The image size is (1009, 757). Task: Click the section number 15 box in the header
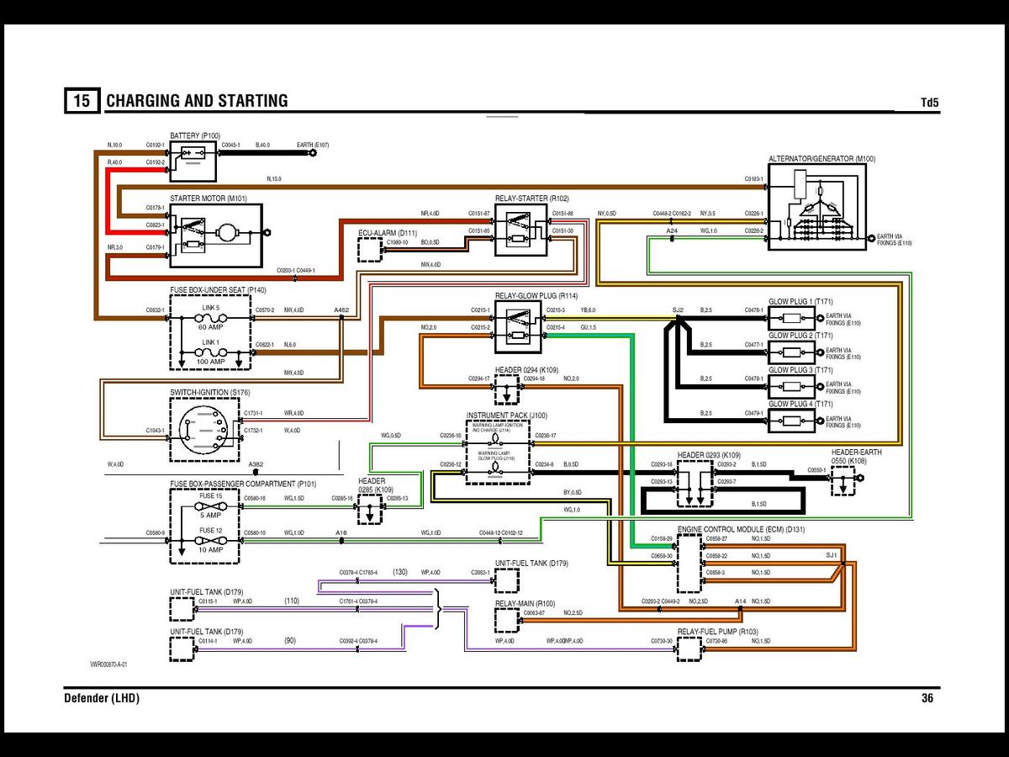pyautogui.click(x=82, y=101)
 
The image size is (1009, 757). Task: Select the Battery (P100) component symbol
pyautogui.click(x=193, y=161)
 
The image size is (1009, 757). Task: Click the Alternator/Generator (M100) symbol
pyautogui.click(x=816, y=206)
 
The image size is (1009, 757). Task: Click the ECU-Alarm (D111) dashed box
pyautogui.click(x=370, y=251)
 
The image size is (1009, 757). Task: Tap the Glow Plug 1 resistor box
pyautogui.click(x=790, y=319)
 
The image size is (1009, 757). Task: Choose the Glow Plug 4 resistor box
pyautogui.click(x=790, y=421)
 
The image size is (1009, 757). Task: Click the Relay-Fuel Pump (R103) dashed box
pyautogui.click(x=689, y=648)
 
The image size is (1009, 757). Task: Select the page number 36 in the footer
pyautogui.click(x=927, y=698)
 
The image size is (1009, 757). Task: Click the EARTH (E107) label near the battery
pyautogui.click(x=312, y=146)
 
